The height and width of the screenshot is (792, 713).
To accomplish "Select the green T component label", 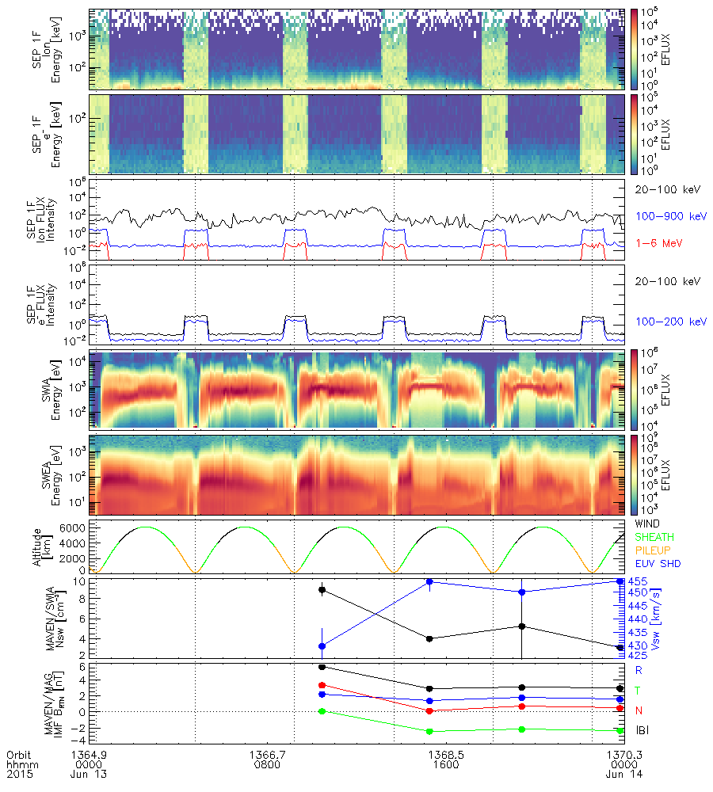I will [639, 691].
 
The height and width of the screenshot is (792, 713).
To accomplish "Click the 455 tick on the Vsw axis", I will [638, 581].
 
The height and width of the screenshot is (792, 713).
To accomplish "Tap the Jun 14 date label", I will [610, 775].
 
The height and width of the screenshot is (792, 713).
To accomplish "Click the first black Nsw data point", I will [322, 589].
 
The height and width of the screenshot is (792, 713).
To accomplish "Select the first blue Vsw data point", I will [322, 646].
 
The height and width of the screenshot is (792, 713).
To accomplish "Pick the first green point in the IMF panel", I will [322, 711].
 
